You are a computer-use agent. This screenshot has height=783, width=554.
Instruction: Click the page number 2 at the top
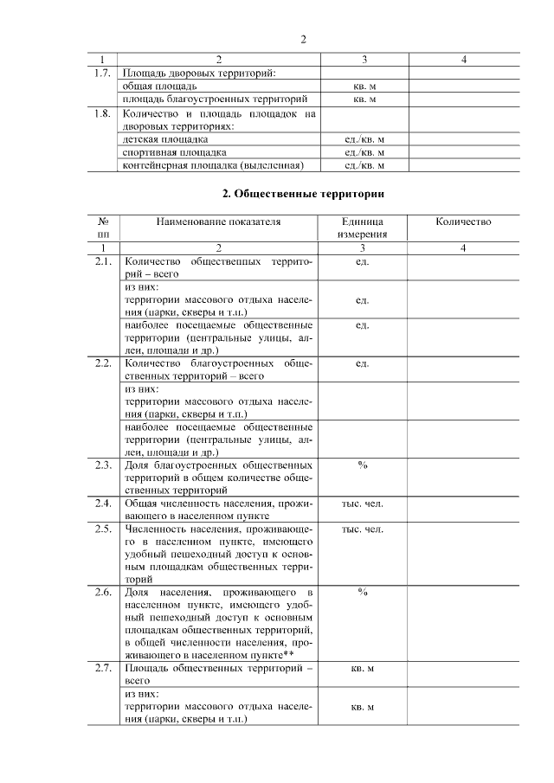[303, 39]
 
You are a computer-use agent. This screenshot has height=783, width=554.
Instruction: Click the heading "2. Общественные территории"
[302, 192]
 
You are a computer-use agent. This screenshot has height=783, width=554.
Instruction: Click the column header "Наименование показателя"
[218, 221]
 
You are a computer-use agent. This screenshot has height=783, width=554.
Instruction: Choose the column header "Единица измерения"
[363, 228]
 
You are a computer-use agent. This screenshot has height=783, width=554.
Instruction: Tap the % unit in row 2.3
[363, 465]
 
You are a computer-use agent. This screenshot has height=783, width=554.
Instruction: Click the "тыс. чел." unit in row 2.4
[363, 504]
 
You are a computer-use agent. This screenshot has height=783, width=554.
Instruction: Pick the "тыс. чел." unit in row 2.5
[363, 529]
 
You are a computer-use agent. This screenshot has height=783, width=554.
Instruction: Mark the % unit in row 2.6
[363, 592]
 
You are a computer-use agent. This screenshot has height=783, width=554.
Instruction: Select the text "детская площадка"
[165, 138]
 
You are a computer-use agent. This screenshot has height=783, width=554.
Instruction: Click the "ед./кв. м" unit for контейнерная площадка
[363, 164]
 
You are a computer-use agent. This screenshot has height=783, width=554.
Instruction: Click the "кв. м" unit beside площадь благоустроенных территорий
[363, 99]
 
